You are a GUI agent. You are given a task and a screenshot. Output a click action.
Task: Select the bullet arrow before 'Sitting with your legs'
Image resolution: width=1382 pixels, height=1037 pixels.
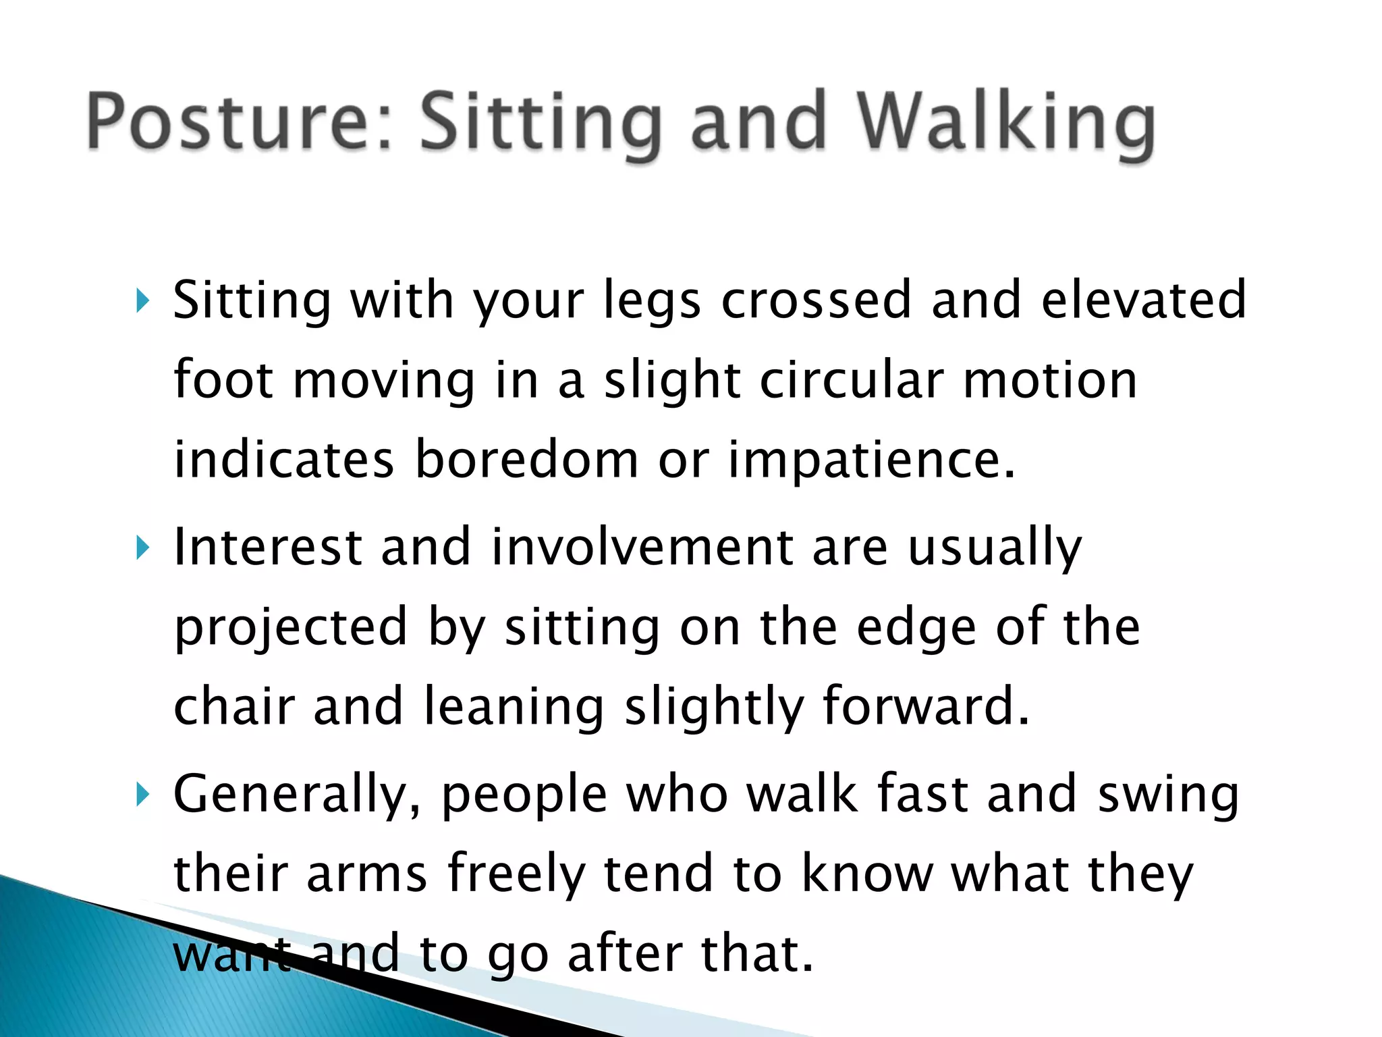140,300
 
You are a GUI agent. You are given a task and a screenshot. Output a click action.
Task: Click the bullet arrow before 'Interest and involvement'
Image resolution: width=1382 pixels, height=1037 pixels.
140,548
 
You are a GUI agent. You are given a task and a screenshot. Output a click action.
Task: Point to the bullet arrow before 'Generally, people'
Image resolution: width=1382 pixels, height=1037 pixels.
140,795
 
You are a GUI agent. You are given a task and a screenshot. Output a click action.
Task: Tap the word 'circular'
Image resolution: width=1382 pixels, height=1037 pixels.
852,379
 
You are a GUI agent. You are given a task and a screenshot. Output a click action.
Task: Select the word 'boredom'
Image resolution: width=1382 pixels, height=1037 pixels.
526,459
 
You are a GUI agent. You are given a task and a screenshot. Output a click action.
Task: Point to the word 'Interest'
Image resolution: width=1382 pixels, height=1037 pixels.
268,546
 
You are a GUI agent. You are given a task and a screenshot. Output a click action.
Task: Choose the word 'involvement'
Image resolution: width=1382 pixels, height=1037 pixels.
642,546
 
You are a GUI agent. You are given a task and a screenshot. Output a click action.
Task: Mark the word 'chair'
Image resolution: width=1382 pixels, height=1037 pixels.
234,706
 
